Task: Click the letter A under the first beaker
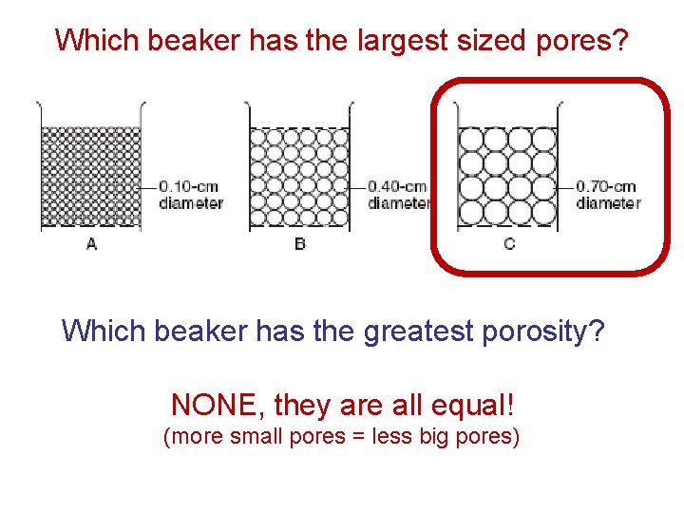[x=91, y=244]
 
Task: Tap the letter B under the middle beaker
[x=300, y=244]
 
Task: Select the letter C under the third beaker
[x=509, y=244]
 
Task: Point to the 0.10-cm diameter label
[x=191, y=195]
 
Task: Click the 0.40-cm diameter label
[x=399, y=195]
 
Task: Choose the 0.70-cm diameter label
[x=608, y=195]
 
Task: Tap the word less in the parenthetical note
[x=415, y=438]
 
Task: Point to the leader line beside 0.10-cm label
[x=148, y=186]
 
